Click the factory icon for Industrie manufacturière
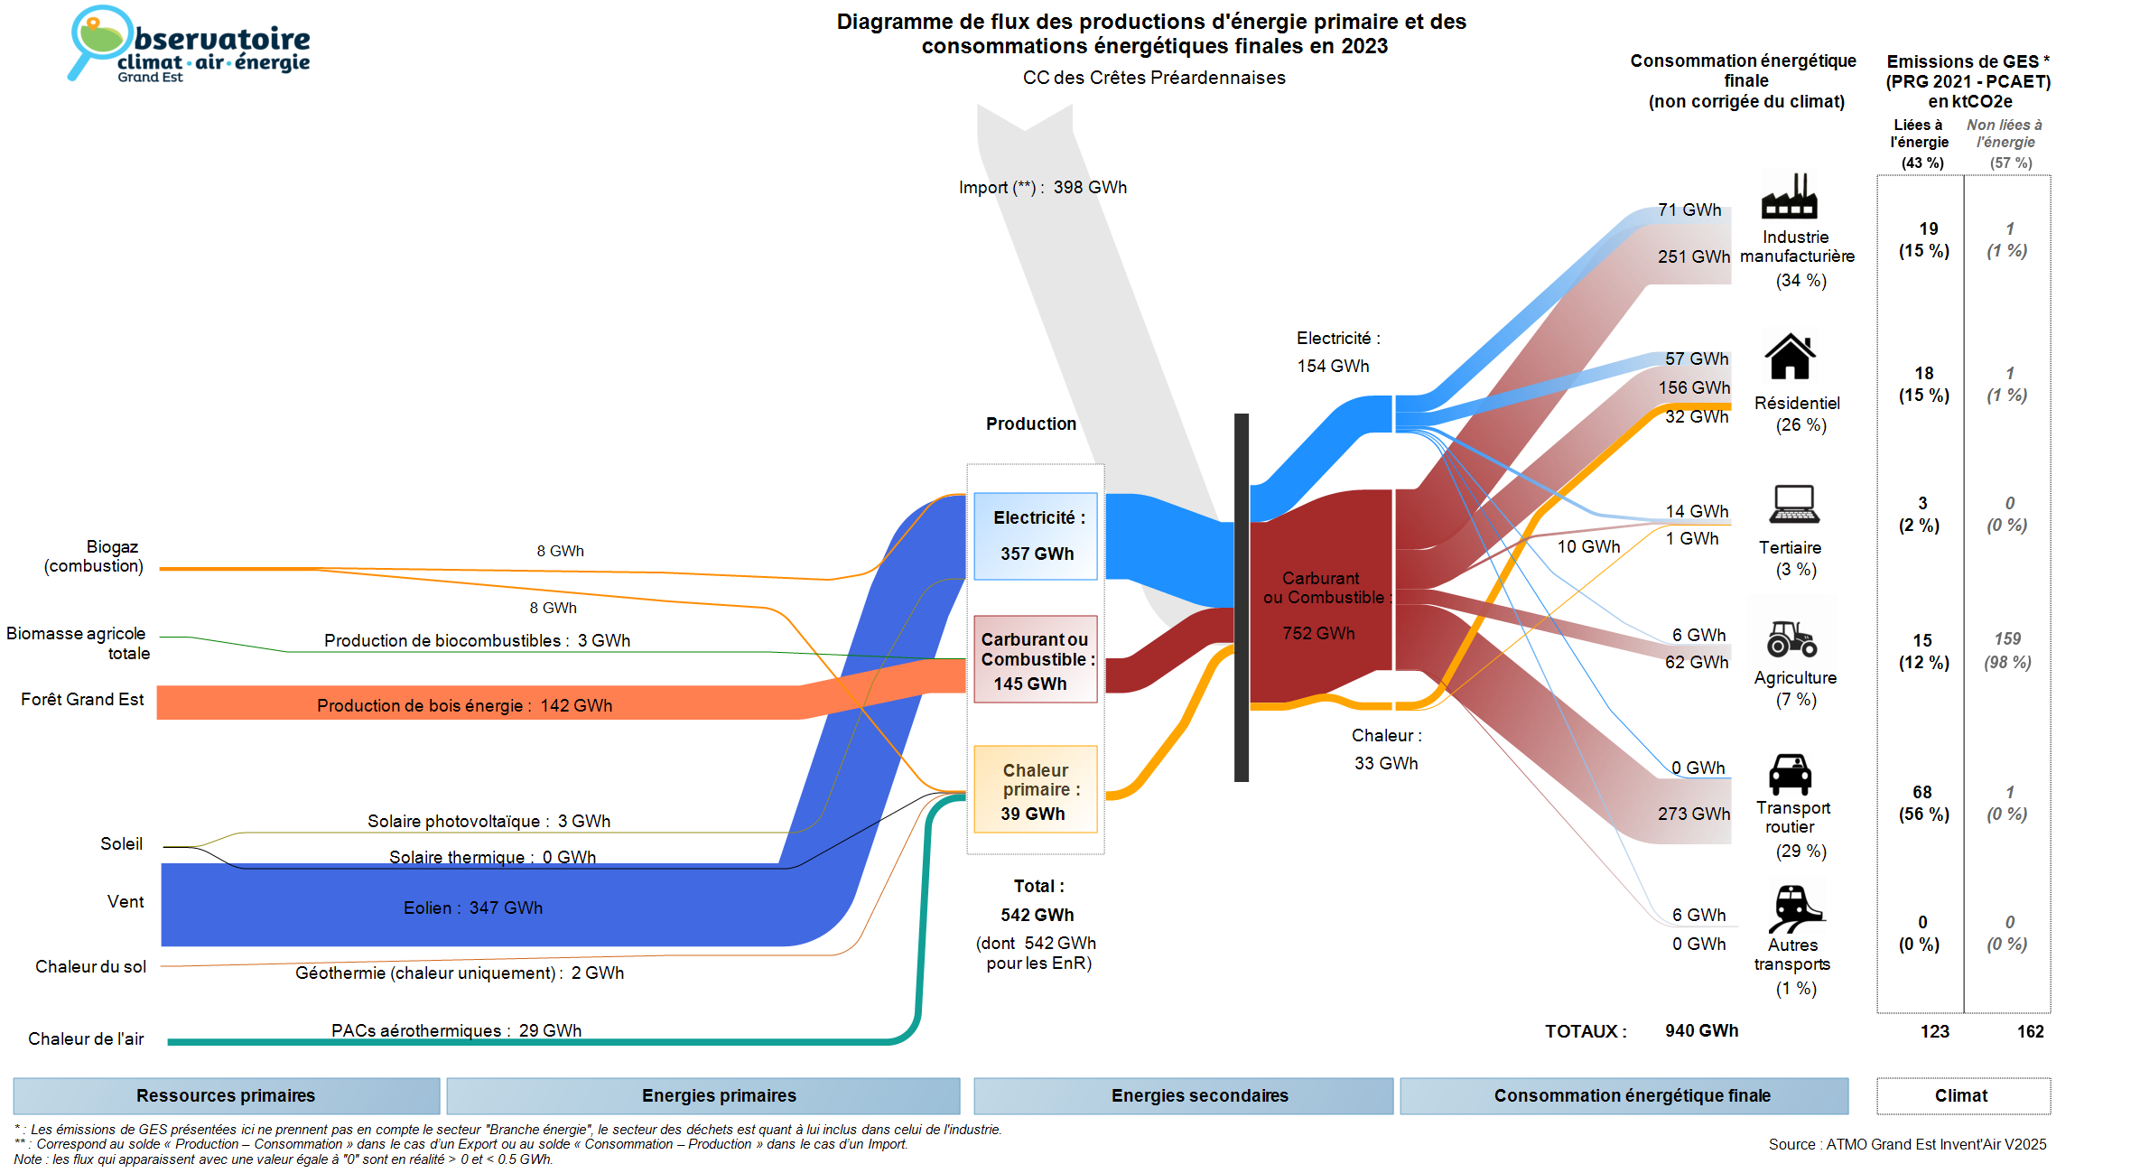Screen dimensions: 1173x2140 tap(1789, 197)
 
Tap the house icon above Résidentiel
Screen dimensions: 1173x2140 tap(1790, 357)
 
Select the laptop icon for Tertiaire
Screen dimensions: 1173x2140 tap(1794, 504)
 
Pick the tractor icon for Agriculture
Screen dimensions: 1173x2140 tap(1791, 638)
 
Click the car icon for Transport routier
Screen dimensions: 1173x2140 tap(1790, 774)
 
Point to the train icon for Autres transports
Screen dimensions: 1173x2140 tap(1794, 908)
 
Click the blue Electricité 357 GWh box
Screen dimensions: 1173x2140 tap(1036, 535)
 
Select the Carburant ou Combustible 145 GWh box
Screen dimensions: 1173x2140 tap(1036, 660)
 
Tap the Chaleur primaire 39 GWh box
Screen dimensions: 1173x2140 tap(1036, 790)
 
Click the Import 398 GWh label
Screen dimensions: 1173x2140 tap(1043, 188)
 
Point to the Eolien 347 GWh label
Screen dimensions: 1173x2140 tap(473, 908)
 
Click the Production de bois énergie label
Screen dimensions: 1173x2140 tap(464, 705)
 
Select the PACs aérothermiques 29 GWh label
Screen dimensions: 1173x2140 tap(456, 1030)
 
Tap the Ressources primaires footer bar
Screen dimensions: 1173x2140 tap(226, 1095)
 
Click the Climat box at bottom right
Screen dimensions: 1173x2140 tap(1961, 1095)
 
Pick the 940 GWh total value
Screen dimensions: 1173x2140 tap(1701, 1030)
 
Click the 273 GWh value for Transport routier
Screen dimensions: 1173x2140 tap(1693, 814)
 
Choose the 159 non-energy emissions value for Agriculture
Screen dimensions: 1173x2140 tap(2007, 638)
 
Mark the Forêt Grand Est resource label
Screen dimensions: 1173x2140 tap(82, 700)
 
